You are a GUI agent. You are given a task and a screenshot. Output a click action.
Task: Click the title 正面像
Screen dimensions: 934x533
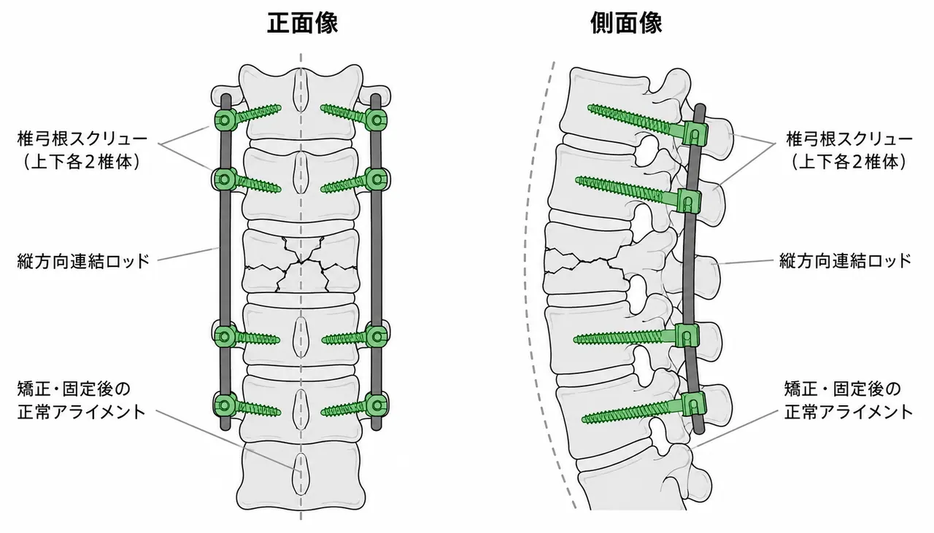coord(302,23)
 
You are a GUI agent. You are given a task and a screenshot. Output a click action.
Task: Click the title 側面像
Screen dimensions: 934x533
coord(626,23)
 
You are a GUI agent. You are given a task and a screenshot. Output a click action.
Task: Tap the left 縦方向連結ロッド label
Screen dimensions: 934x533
coord(83,261)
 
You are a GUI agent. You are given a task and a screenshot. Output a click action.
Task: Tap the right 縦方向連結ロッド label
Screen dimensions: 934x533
coord(845,261)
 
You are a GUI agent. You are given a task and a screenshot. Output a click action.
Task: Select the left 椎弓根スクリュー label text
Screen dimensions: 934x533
coord(82,139)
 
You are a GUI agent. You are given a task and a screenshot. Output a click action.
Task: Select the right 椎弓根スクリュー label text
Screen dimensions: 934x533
coord(849,139)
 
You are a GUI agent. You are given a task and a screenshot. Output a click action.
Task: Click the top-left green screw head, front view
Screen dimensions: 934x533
coord(224,120)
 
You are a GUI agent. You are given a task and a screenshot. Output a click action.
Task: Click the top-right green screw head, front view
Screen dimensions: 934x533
coord(377,120)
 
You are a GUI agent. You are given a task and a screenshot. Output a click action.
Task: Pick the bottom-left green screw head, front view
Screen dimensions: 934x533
coord(224,405)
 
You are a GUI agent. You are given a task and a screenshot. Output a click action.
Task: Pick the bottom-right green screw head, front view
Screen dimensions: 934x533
coord(377,405)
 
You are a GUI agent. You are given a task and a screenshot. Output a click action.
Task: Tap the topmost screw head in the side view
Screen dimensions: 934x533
coord(695,133)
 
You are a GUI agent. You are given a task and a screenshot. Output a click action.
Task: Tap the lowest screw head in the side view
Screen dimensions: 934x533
coord(694,404)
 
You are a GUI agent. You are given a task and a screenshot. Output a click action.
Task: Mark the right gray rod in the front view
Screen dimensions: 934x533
coord(376,262)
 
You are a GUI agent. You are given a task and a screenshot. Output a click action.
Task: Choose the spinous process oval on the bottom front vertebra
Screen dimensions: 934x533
coord(301,474)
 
